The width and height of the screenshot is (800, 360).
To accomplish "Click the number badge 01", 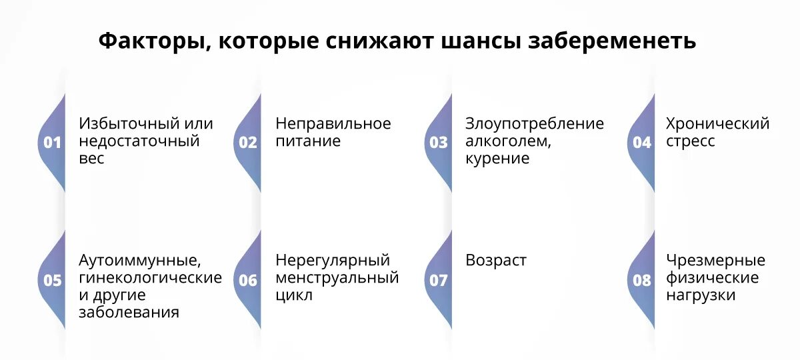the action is [52, 143].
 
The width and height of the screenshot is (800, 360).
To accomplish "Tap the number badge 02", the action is [248, 143].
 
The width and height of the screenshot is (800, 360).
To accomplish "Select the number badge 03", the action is [439, 143].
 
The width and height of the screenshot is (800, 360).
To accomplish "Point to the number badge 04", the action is [642, 143].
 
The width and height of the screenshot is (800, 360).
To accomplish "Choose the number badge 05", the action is [52, 281].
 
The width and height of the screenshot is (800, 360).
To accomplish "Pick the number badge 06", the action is [248, 281].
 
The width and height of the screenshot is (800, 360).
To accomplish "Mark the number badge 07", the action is [439, 281].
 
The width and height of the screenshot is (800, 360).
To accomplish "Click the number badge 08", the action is [642, 281].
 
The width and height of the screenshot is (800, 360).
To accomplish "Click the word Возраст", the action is [496, 260].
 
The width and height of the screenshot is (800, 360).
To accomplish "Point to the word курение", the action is [497, 159].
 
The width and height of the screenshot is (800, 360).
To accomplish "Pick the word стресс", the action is [691, 141].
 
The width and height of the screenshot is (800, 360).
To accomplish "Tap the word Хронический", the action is [717, 124].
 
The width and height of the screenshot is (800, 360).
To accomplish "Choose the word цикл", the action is [294, 295].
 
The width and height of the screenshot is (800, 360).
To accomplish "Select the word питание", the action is [308, 141].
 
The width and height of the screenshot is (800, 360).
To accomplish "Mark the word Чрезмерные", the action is [715, 260].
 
